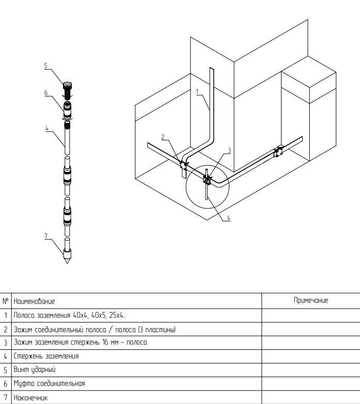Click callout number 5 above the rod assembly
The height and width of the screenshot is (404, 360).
click(x=45, y=66)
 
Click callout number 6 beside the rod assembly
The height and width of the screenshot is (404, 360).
click(x=46, y=93)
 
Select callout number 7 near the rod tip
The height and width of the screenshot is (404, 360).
click(x=46, y=236)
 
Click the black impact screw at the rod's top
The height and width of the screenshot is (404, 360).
click(x=67, y=90)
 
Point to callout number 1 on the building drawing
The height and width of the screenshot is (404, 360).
click(x=197, y=91)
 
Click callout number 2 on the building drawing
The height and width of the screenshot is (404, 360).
click(x=163, y=137)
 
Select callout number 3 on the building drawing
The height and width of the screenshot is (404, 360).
click(x=229, y=150)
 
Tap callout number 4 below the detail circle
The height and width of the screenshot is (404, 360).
click(x=228, y=218)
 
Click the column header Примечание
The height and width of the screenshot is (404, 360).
click(x=311, y=300)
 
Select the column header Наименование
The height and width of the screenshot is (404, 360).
click(x=34, y=301)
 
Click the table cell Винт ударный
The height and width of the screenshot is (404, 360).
click(x=35, y=370)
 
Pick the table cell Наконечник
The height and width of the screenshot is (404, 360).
click(x=30, y=398)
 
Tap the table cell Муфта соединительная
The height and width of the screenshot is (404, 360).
click(x=49, y=383)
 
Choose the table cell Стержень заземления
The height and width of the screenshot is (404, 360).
click(x=46, y=356)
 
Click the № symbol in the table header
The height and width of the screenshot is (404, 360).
click(x=5, y=301)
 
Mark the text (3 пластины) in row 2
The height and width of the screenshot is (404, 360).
click(x=157, y=330)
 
